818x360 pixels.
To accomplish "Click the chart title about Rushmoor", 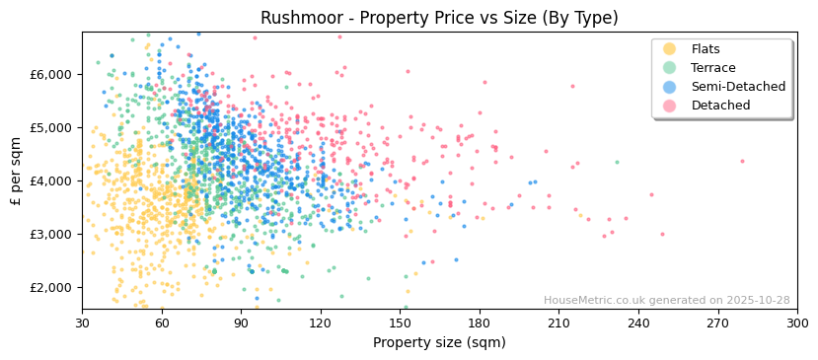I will (x=439, y=18).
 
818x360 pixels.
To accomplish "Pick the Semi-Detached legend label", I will (x=738, y=87).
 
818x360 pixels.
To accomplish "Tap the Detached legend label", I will (x=720, y=106).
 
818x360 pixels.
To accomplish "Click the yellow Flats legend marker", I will (x=670, y=49).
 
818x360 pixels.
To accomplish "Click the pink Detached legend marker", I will (x=670, y=106).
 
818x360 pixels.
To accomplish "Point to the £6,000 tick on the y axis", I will (x=51, y=74).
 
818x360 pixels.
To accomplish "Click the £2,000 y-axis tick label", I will (x=51, y=287).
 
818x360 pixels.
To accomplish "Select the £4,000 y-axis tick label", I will (x=51, y=180).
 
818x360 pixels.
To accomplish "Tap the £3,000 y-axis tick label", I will (x=51, y=234).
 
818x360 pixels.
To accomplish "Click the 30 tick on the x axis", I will (x=82, y=323).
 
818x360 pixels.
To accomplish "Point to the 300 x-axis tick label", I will (x=797, y=323).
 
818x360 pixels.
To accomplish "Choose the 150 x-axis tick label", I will (x=400, y=323).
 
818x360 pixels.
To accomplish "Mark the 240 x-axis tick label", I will (x=638, y=323).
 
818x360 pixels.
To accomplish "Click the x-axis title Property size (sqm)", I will (x=439, y=342).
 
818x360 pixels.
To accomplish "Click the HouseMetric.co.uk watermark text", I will (x=666, y=300).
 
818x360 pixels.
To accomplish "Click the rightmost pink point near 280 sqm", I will (x=743, y=161).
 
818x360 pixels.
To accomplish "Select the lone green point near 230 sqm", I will (x=617, y=162).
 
